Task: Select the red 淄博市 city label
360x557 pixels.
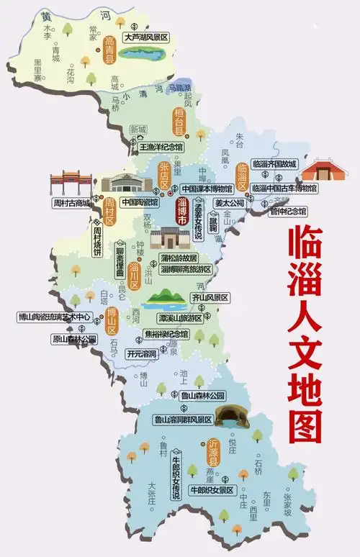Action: pyautogui.click(x=183, y=215)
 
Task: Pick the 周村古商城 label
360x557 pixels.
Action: pyautogui.click(x=71, y=204)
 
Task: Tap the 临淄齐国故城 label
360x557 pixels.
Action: pyautogui.click(x=274, y=164)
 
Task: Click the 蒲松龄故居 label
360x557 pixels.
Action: pyautogui.click(x=179, y=258)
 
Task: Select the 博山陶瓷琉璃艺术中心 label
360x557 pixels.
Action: pyautogui.click(x=55, y=317)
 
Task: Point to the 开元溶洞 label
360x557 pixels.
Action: pyautogui.click(x=140, y=354)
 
